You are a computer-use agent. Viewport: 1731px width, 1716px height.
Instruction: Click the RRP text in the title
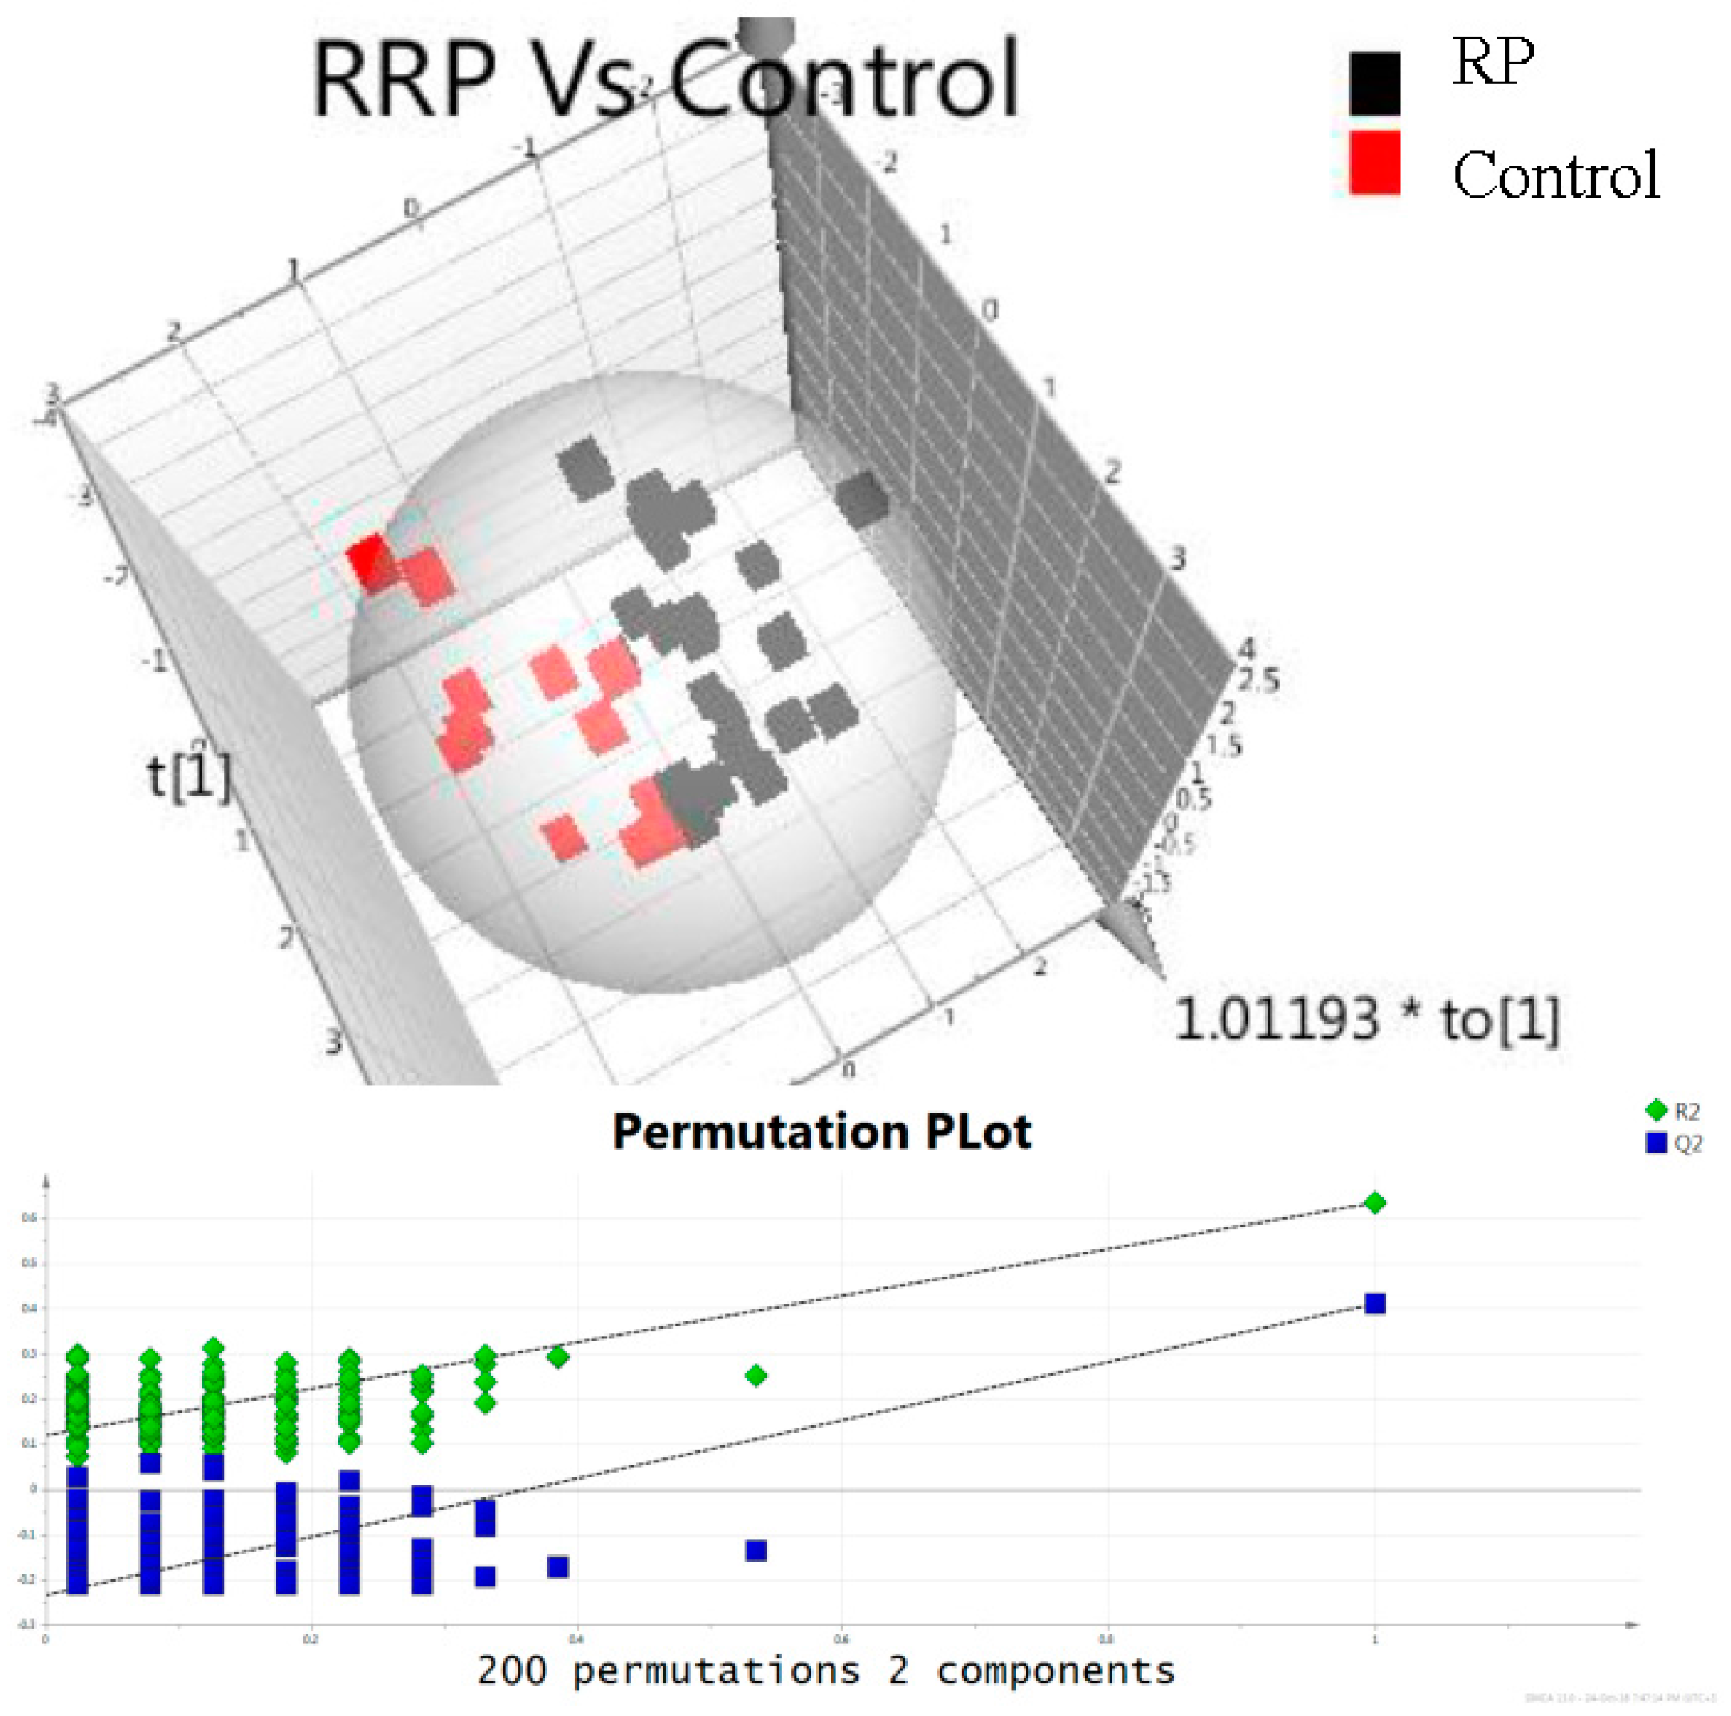pos(403,79)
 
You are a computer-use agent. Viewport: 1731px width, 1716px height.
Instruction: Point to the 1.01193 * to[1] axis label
pos(1367,1019)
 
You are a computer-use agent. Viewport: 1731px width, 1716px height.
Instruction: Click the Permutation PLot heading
pos(822,1132)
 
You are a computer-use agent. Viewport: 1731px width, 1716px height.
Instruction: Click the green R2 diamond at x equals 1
pos(1374,1202)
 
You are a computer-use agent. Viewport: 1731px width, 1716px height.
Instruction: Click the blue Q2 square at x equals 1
pos(1374,1304)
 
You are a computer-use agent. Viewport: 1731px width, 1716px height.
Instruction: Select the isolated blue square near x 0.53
pos(756,1550)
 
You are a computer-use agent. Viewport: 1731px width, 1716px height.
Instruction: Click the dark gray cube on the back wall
pos(862,500)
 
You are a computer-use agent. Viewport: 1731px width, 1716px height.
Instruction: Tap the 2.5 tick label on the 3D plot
pos(1258,680)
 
